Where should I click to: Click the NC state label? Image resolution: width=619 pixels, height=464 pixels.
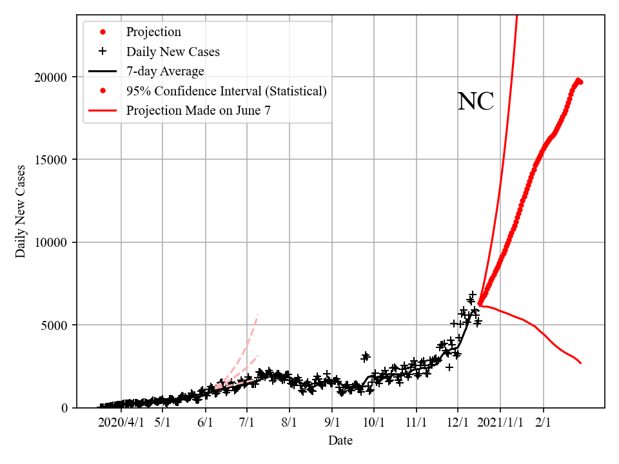[x=475, y=102]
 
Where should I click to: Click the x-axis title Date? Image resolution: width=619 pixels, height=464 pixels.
[x=340, y=441]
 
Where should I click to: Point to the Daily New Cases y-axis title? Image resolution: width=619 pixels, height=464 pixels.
[x=21, y=211]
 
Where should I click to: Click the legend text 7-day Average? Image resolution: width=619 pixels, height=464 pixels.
[x=165, y=71]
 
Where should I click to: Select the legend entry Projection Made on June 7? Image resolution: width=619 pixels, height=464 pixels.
[x=198, y=110]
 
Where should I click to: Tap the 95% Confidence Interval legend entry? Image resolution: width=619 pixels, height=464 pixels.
[x=226, y=91]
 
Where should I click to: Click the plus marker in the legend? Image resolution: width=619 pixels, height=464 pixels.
[x=102, y=52]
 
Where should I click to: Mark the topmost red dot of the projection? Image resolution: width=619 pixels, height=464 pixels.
[x=578, y=81]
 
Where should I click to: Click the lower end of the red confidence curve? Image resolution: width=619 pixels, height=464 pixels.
[x=581, y=363]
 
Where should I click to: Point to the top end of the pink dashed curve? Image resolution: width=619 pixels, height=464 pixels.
[x=258, y=314]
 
